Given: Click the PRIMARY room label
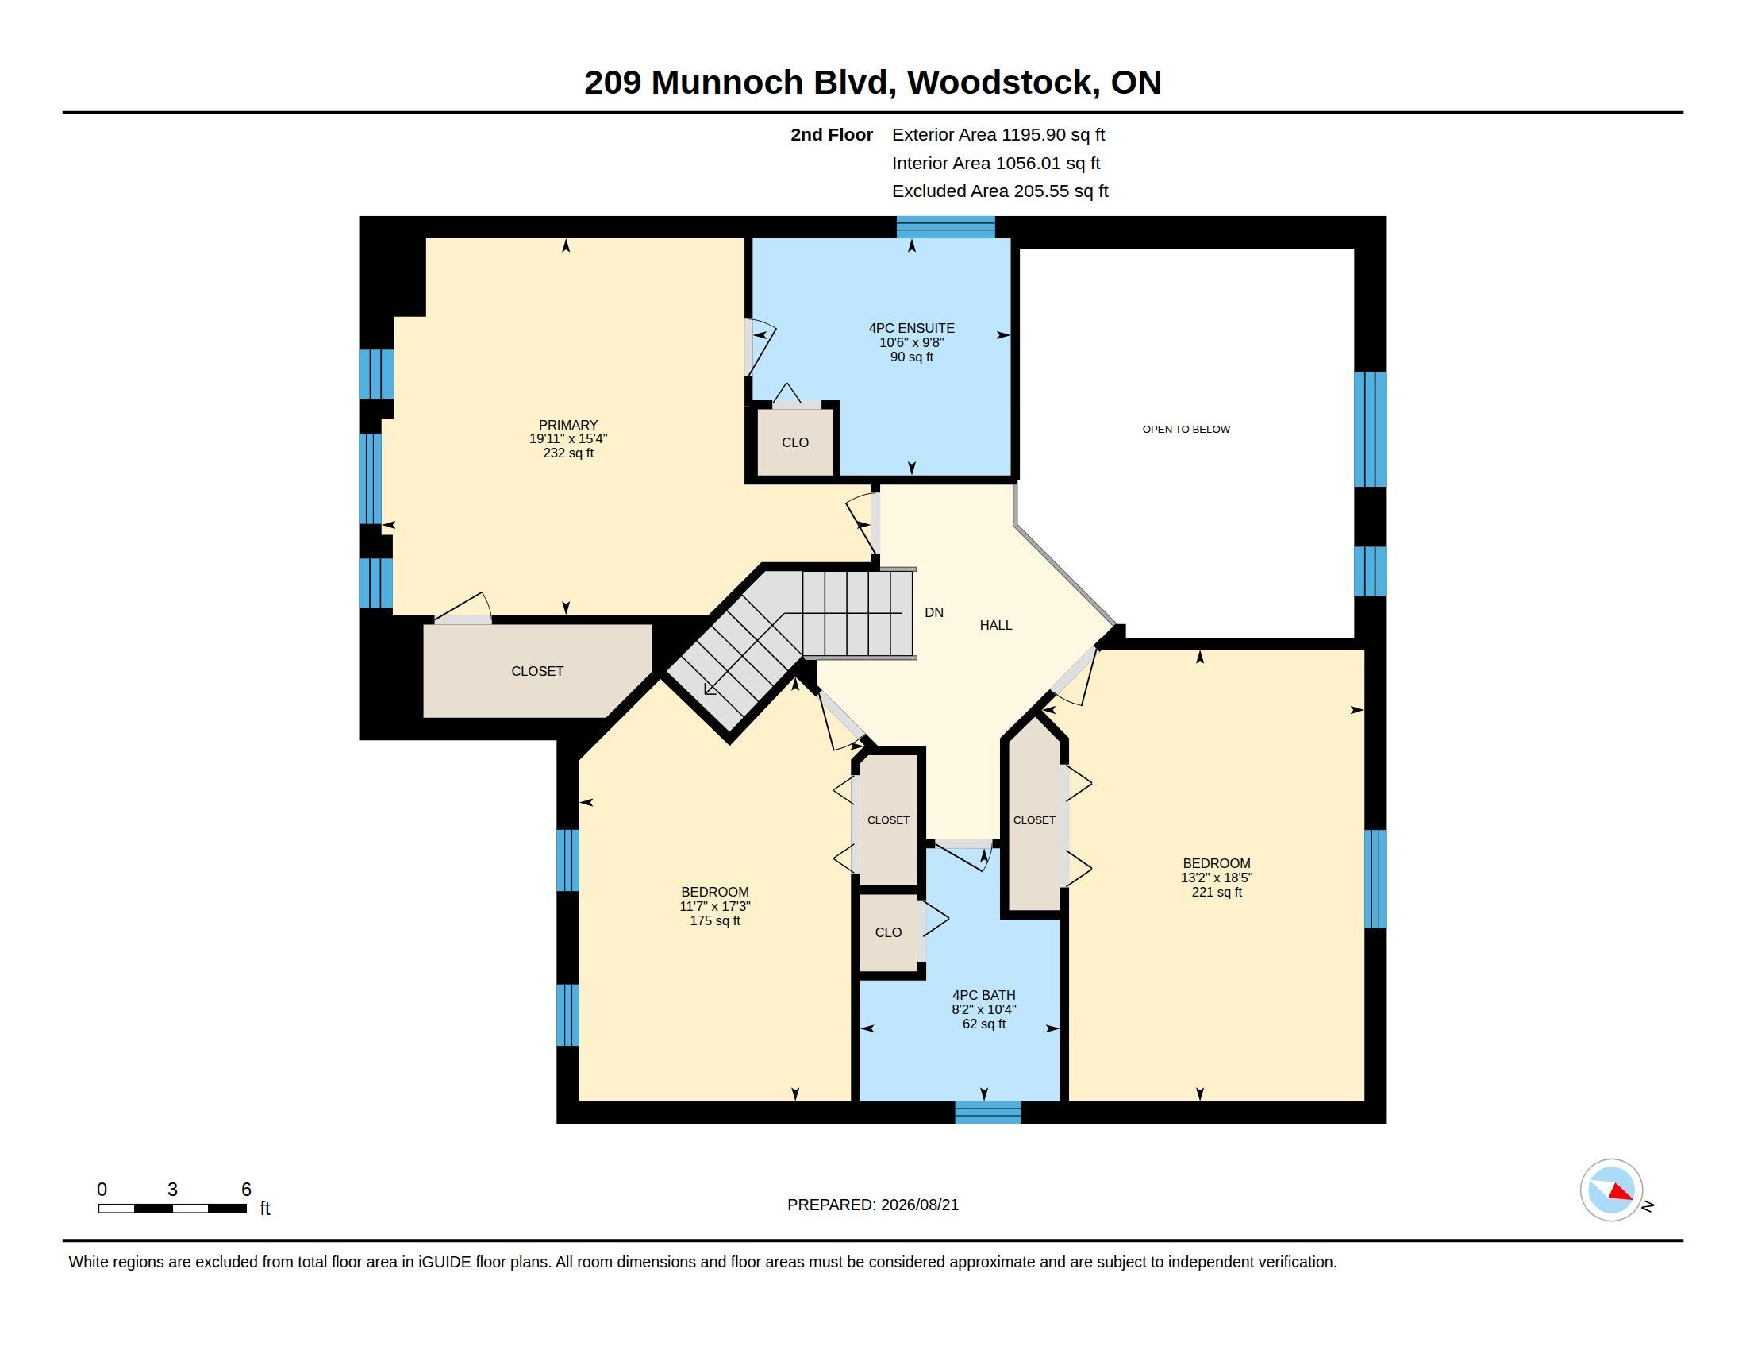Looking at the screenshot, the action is [568, 425].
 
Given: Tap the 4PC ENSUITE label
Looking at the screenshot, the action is [911, 328].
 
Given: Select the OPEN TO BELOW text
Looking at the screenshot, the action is [1186, 430].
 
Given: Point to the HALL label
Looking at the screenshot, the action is [996, 626].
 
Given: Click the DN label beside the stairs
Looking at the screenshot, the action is [934, 612].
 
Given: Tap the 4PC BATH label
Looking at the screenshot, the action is [983, 995].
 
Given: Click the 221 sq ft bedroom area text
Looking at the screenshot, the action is [1217, 892].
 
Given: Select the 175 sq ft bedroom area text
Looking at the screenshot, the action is [715, 920].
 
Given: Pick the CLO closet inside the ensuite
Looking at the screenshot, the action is [795, 442].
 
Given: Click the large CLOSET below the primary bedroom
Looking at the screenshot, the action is [537, 671].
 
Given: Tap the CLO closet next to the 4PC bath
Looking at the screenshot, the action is [888, 932].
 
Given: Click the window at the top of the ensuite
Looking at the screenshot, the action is [946, 228].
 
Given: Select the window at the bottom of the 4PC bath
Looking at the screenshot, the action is [988, 1113].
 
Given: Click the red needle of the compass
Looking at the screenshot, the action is [1621, 1193].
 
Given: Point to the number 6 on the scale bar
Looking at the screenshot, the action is [246, 1190].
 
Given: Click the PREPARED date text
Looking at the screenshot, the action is [873, 1205].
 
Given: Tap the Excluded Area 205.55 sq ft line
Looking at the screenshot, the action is [1000, 191].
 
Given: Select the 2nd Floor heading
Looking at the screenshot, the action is [832, 135].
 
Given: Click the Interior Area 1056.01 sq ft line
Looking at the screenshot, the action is [996, 163].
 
